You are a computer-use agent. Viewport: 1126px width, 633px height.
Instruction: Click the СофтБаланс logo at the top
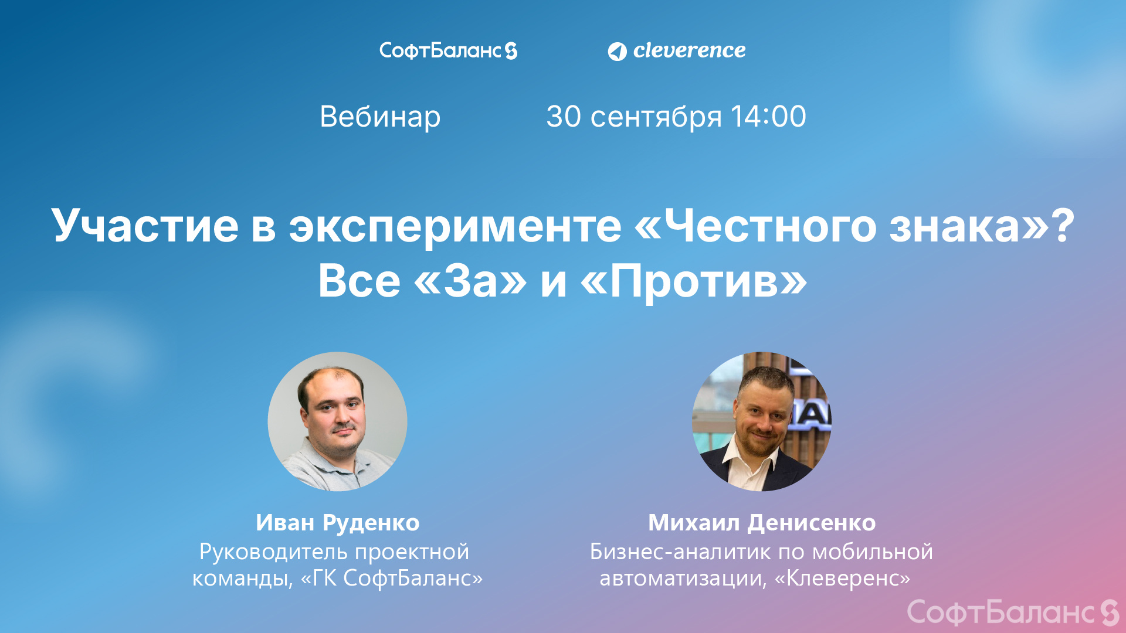point(448,51)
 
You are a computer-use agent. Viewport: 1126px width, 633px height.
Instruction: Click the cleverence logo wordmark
point(689,51)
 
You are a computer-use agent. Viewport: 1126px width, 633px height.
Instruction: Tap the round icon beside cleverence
point(617,52)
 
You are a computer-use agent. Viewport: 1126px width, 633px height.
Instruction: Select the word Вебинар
point(380,117)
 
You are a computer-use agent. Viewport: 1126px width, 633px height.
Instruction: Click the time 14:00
point(768,117)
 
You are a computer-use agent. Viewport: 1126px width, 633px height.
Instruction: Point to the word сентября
point(656,117)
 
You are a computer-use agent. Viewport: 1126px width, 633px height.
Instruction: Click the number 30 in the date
point(564,117)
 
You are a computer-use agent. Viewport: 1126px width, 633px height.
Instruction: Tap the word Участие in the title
point(145,226)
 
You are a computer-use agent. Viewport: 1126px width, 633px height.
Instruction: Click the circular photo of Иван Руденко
point(337,421)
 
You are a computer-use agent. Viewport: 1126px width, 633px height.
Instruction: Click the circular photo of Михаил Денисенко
point(762,421)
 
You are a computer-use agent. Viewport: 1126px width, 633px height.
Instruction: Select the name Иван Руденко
point(337,523)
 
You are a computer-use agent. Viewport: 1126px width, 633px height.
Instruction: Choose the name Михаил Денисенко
point(762,523)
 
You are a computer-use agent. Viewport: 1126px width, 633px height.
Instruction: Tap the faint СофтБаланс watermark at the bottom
point(1013,612)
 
